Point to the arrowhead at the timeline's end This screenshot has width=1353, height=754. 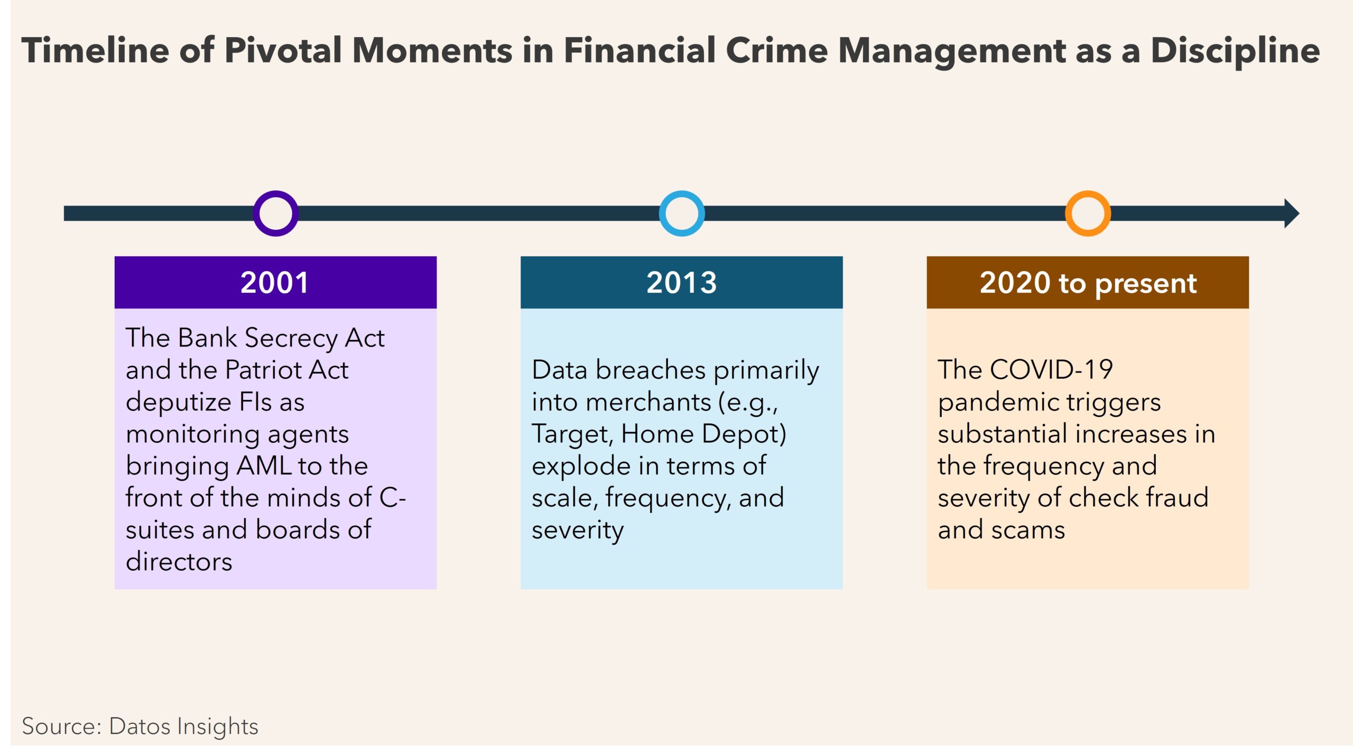1292,213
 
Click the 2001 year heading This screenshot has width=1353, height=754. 275,283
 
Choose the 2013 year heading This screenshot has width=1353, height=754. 682,283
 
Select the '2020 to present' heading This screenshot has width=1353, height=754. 1088,284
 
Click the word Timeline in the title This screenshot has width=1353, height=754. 96,51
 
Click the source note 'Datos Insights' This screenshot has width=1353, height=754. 183,727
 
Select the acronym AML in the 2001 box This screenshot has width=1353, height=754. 264,466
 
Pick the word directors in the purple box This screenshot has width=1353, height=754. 179,561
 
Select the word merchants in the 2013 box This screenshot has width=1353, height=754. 648,402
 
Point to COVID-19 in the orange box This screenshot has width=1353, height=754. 1052,369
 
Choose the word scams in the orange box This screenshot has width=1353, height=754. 1028,530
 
